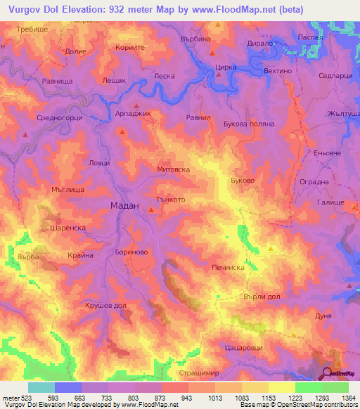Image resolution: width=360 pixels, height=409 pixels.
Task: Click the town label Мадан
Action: tap(125, 205)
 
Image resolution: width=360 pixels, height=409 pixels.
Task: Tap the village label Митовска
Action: tap(173, 169)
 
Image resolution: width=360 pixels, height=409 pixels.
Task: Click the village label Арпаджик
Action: tap(133, 112)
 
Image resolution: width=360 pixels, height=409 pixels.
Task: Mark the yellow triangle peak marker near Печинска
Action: tap(271, 249)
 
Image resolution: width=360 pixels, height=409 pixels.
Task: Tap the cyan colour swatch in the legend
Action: tap(41, 387)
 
